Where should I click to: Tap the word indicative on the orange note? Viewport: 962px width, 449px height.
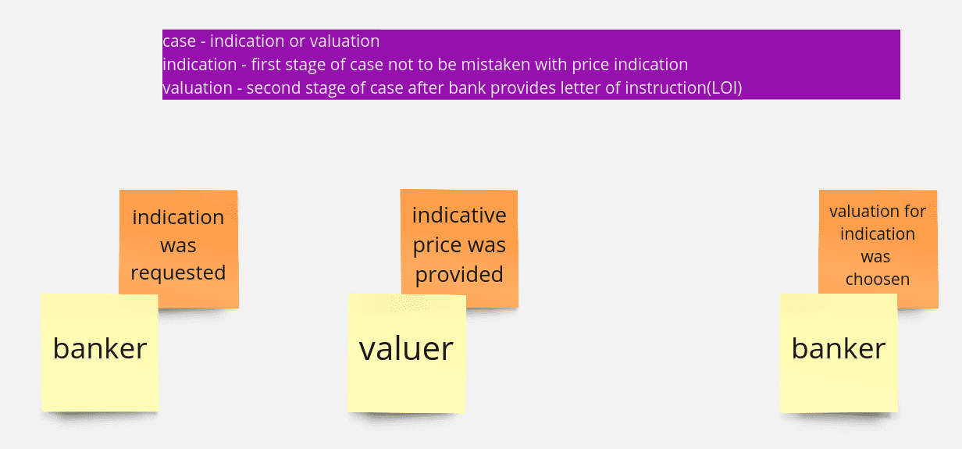pyautogui.click(x=459, y=215)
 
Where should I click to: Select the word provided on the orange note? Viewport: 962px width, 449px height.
pyautogui.click(x=459, y=275)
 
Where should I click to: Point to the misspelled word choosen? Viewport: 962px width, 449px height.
pyautogui.click(x=878, y=280)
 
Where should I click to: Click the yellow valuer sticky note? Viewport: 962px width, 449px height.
pyautogui.click(x=406, y=353)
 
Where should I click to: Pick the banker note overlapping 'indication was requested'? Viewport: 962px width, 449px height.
pyautogui.click(x=100, y=353)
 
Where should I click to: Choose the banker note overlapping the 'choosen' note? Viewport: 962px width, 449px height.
pyautogui.click(x=839, y=353)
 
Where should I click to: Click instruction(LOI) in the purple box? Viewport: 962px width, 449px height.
pyautogui.click(x=683, y=88)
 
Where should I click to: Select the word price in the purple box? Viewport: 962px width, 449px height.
pyautogui.click(x=590, y=66)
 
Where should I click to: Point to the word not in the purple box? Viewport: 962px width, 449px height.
pyautogui.click(x=401, y=65)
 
